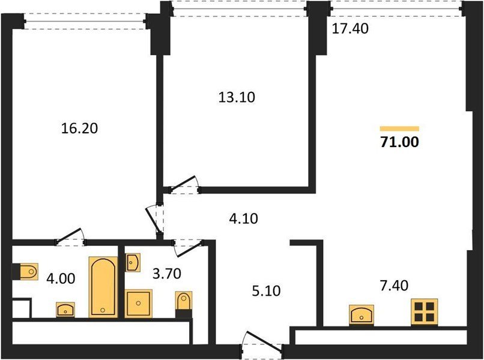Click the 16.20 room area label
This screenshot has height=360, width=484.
(x=79, y=128)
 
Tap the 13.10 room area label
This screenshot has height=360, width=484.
(x=237, y=97)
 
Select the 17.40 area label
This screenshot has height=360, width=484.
(x=350, y=28)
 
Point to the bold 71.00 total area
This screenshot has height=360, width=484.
(x=400, y=142)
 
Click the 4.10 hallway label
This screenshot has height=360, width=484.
(x=244, y=218)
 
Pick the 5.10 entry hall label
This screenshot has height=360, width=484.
(x=266, y=291)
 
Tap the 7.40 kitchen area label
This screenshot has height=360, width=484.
(x=394, y=286)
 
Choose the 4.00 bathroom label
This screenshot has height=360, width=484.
(x=61, y=278)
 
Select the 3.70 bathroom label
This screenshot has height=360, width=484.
(x=167, y=274)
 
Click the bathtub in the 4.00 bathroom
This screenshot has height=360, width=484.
(x=103, y=287)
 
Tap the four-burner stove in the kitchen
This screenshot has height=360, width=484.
(x=424, y=311)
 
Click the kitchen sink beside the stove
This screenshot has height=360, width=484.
(x=361, y=314)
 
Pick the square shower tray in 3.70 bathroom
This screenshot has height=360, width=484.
(x=138, y=304)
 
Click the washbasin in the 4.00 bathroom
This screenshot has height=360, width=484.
(x=65, y=310)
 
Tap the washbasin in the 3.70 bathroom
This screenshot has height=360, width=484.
(x=133, y=263)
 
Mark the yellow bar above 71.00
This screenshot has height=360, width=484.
(x=399, y=128)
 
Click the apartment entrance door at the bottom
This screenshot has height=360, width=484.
(x=262, y=343)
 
